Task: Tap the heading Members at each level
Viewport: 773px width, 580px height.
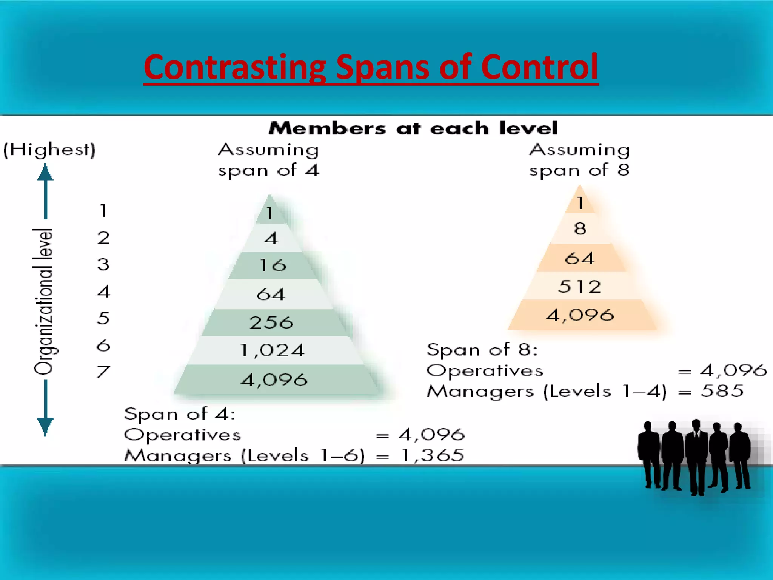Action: pos(413,128)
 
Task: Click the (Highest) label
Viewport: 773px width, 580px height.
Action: pos(49,150)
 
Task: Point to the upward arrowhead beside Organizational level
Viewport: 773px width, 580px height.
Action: pos(45,173)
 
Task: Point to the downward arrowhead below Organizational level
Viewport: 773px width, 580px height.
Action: pos(45,426)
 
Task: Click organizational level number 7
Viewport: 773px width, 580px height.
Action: pos(103,372)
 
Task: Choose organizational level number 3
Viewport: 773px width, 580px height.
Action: pos(103,264)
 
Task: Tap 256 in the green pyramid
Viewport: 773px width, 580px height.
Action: pos(271,322)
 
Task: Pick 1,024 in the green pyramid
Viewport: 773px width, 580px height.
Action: pos(272,350)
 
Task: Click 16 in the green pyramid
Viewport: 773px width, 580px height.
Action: pos(273,265)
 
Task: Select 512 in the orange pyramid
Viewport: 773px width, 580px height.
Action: pos(579,287)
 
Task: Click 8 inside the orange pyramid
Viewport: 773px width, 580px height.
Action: pos(580,228)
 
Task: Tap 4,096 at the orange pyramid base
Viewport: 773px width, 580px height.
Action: pos(580,315)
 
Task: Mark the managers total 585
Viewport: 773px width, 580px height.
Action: pos(722,391)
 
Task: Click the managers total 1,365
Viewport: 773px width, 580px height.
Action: pos(433,455)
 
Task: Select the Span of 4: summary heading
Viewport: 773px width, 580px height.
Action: pos(180,414)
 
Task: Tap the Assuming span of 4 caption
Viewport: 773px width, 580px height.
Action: pos(268,160)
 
